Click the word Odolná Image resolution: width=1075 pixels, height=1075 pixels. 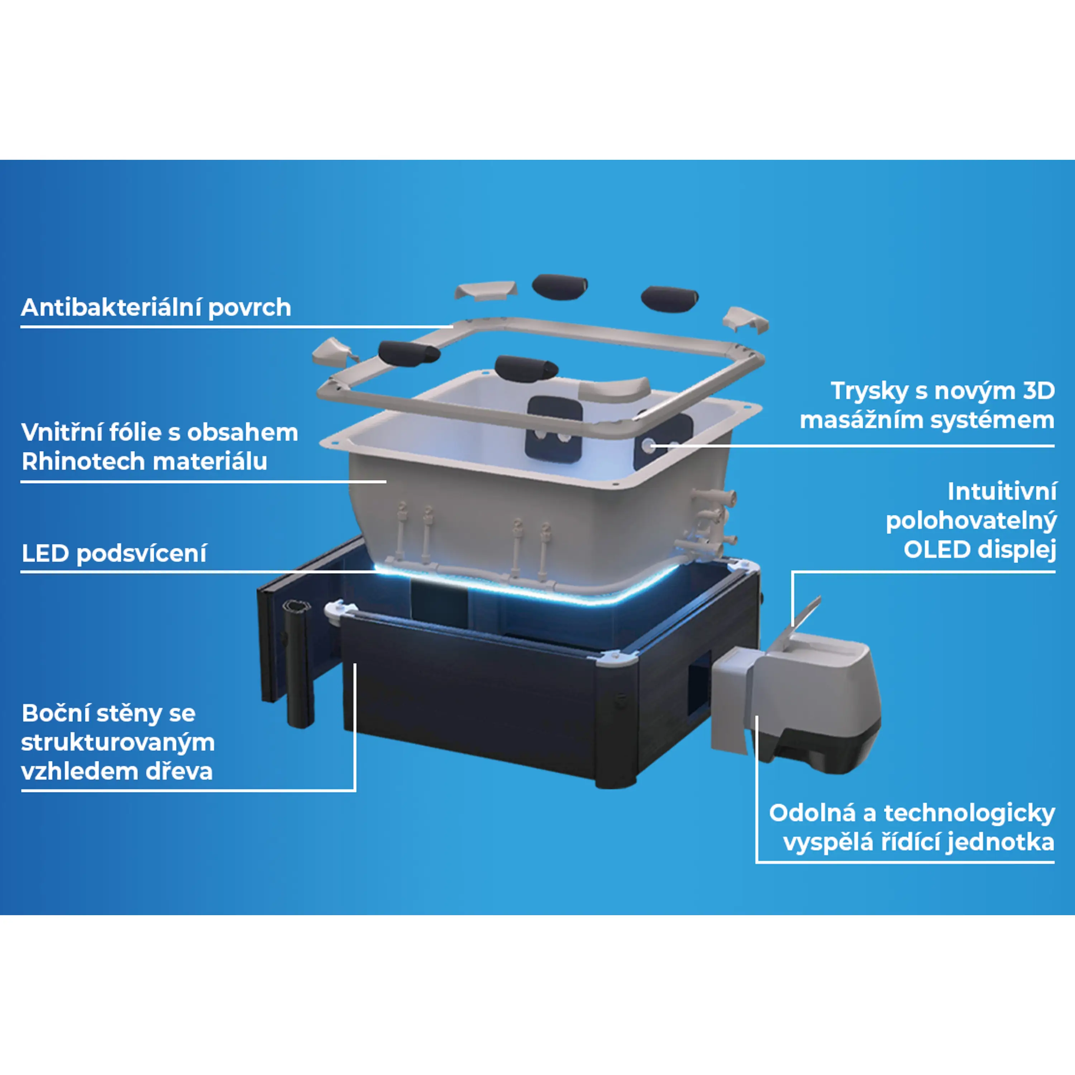pos(812,813)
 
